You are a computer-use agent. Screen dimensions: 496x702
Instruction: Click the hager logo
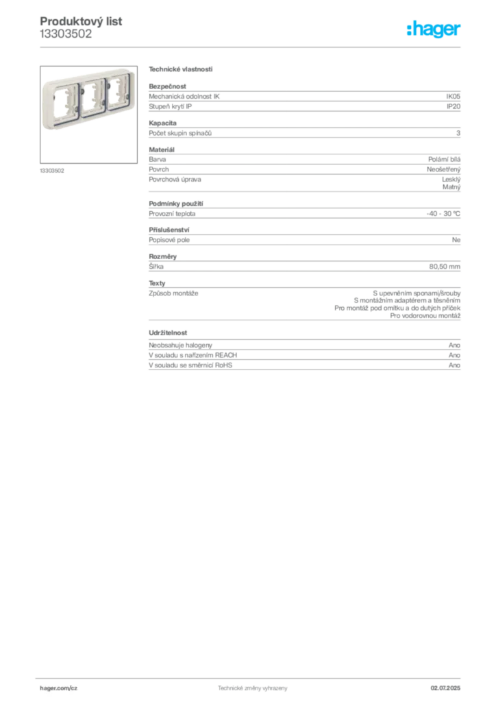pyautogui.click(x=434, y=29)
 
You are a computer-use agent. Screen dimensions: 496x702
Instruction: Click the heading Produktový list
pyautogui.click(x=81, y=21)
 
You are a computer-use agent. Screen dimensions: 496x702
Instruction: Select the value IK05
pyautogui.click(x=453, y=96)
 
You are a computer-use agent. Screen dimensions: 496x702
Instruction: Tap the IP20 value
pyautogui.click(x=454, y=106)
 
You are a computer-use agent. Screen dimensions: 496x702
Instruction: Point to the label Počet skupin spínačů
pyautogui.click(x=180, y=133)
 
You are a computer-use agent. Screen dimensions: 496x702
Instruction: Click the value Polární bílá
pyautogui.click(x=444, y=159)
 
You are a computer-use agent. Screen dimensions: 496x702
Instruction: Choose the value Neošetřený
pyautogui.click(x=444, y=169)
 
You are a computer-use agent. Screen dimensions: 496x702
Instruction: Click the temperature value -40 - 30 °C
pyautogui.click(x=443, y=214)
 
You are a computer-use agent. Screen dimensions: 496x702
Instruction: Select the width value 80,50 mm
pyautogui.click(x=445, y=267)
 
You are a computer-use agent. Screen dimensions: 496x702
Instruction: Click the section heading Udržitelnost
pyautogui.click(x=168, y=332)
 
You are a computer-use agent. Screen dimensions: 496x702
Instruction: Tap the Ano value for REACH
pyautogui.click(x=454, y=355)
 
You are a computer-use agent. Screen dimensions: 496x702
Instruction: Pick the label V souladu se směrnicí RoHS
pyautogui.click(x=190, y=365)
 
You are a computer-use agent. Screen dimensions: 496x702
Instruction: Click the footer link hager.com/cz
pyautogui.click(x=59, y=688)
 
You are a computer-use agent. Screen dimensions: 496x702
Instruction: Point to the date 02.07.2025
pyautogui.click(x=445, y=688)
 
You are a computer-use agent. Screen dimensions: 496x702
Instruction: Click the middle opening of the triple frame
pyautogui.click(x=92, y=97)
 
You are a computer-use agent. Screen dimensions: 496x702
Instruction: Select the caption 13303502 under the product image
pyautogui.click(x=52, y=171)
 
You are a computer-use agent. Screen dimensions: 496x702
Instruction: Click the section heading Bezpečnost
pyautogui.click(x=167, y=86)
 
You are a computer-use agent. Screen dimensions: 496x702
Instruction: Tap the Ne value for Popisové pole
pyautogui.click(x=456, y=240)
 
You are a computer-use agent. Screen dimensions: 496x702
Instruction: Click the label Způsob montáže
pyautogui.click(x=173, y=293)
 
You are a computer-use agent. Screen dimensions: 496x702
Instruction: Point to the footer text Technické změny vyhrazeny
pyautogui.click(x=253, y=688)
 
